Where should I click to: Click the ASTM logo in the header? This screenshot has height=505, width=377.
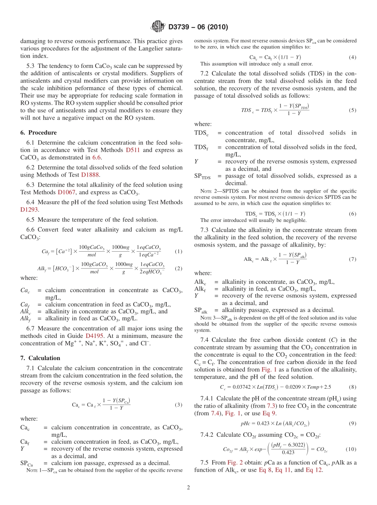[158, 27]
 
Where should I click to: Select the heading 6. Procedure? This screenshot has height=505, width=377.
[38, 133]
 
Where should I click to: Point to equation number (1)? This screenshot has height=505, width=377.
[178, 251]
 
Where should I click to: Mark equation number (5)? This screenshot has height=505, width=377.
[352, 110]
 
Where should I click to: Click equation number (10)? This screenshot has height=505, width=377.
[351, 449]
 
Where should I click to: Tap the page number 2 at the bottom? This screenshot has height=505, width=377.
[188, 488]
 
